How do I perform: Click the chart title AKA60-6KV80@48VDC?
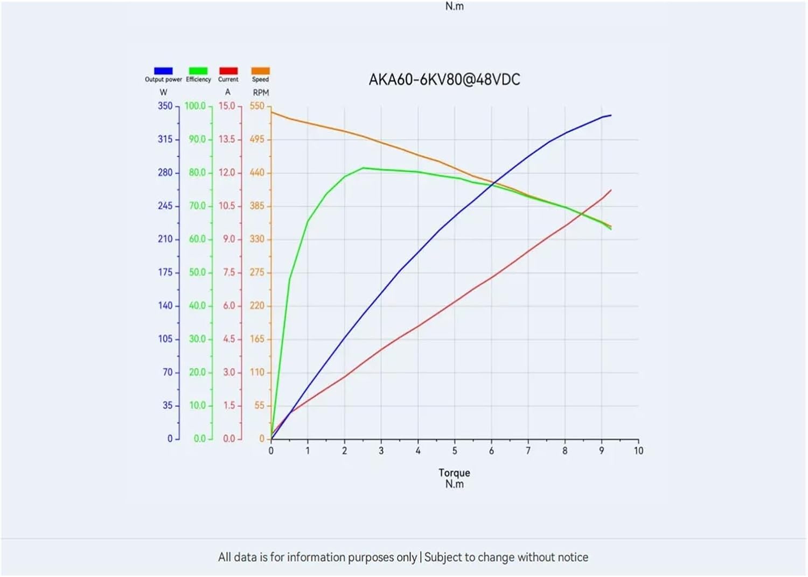pyautogui.click(x=444, y=80)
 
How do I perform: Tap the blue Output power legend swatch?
pyautogui.click(x=163, y=71)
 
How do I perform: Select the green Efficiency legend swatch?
pyautogui.click(x=198, y=71)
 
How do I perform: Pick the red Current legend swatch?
pyautogui.click(x=228, y=71)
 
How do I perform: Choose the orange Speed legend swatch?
pyautogui.click(x=260, y=71)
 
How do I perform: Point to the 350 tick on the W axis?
pyautogui.click(x=165, y=106)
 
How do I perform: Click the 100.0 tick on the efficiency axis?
pyautogui.click(x=196, y=106)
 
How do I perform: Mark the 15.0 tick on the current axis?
pyautogui.click(x=227, y=106)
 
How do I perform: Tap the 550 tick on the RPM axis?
pyautogui.click(x=257, y=106)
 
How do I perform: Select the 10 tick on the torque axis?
pyautogui.click(x=638, y=451)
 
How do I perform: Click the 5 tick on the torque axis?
pyautogui.click(x=455, y=451)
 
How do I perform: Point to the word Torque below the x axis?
pyautogui.click(x=454, y=473)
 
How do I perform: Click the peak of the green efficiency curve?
pyautogui.click(x=363, y=168)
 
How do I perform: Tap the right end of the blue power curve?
pyautogui.click(x=611, y=115)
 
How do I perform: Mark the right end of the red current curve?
pyautogui.click(x=611, y=190)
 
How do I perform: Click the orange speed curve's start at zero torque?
pyautogui.click(x=271, y=112)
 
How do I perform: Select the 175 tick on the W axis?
pyautogui.click(x=165, y=272)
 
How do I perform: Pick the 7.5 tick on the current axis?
pyautogui.click(x=229, y=272)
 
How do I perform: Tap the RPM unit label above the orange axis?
pyautogui.click(x=261, y=93)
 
